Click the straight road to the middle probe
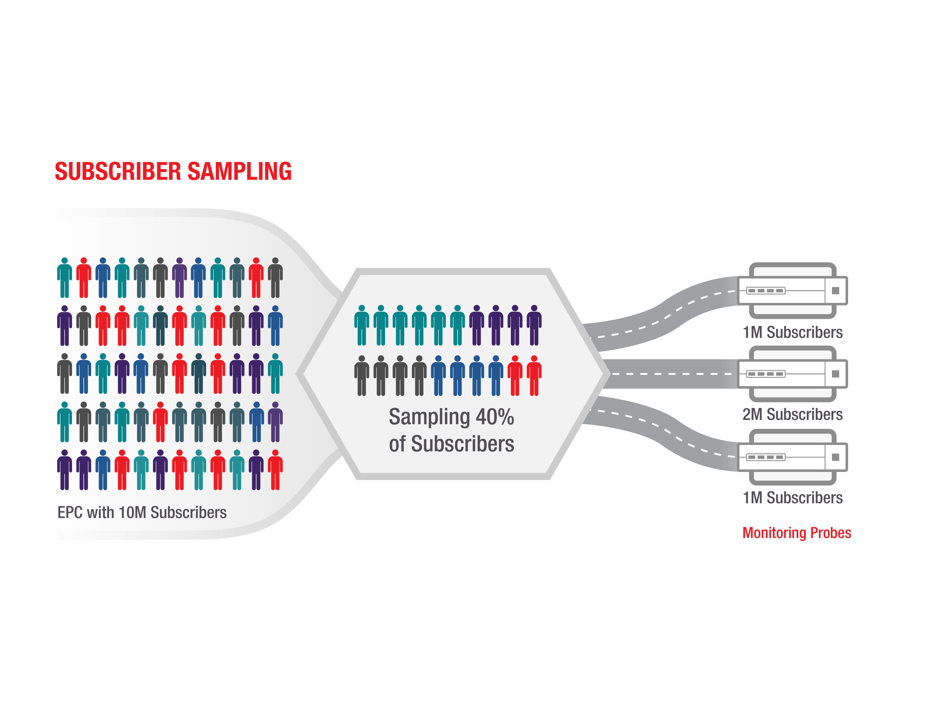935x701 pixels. pos(672,374)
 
